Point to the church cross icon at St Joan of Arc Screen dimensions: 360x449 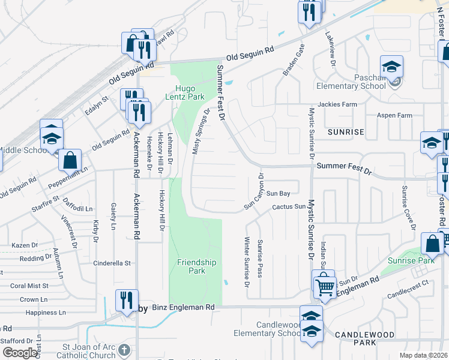[x=124, y=349]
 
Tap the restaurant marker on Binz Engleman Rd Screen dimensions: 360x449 [x=127, y=299]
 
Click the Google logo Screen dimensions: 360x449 [x=20, y=353]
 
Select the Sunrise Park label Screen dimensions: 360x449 [x=410, y=260]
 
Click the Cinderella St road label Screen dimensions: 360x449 [x=112, y=263]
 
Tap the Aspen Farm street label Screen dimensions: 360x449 [x=393, y=115]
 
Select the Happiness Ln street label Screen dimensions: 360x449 [x=46, y=313]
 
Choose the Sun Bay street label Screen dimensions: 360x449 [x=278, y=193]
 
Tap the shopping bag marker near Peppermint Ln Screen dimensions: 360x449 [x=70, y=160]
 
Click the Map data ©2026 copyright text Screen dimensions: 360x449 [x=423, y=355]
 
